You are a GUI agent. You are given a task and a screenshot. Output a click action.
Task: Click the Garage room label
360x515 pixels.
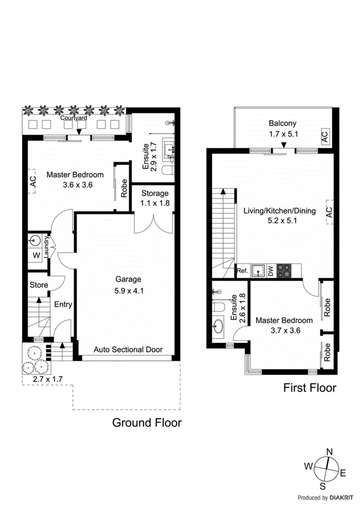(128, 280)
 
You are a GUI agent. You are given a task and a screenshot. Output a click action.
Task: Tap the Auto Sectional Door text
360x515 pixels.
(128, 349)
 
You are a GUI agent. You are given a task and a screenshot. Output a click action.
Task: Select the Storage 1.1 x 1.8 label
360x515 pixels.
(155, 198)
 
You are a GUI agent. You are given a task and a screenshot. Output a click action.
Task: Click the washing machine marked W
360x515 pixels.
(36, 255)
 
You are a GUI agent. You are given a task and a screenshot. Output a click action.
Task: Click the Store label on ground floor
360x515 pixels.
(38, 285)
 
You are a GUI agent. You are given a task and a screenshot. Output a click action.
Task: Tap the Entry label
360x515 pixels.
(63, 305)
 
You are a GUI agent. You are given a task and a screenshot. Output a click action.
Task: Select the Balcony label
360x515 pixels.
(283, 123)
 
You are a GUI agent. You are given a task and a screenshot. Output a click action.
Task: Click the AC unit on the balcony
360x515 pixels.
(324, 136)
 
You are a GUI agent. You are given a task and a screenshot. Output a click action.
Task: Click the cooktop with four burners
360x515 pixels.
(284, 270)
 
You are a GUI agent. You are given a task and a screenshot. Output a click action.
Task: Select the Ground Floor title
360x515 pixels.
(146, 422)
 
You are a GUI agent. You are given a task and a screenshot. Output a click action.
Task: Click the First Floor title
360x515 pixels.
(310, 388)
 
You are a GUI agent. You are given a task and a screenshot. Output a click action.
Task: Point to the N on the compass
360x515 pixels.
(328, 453)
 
